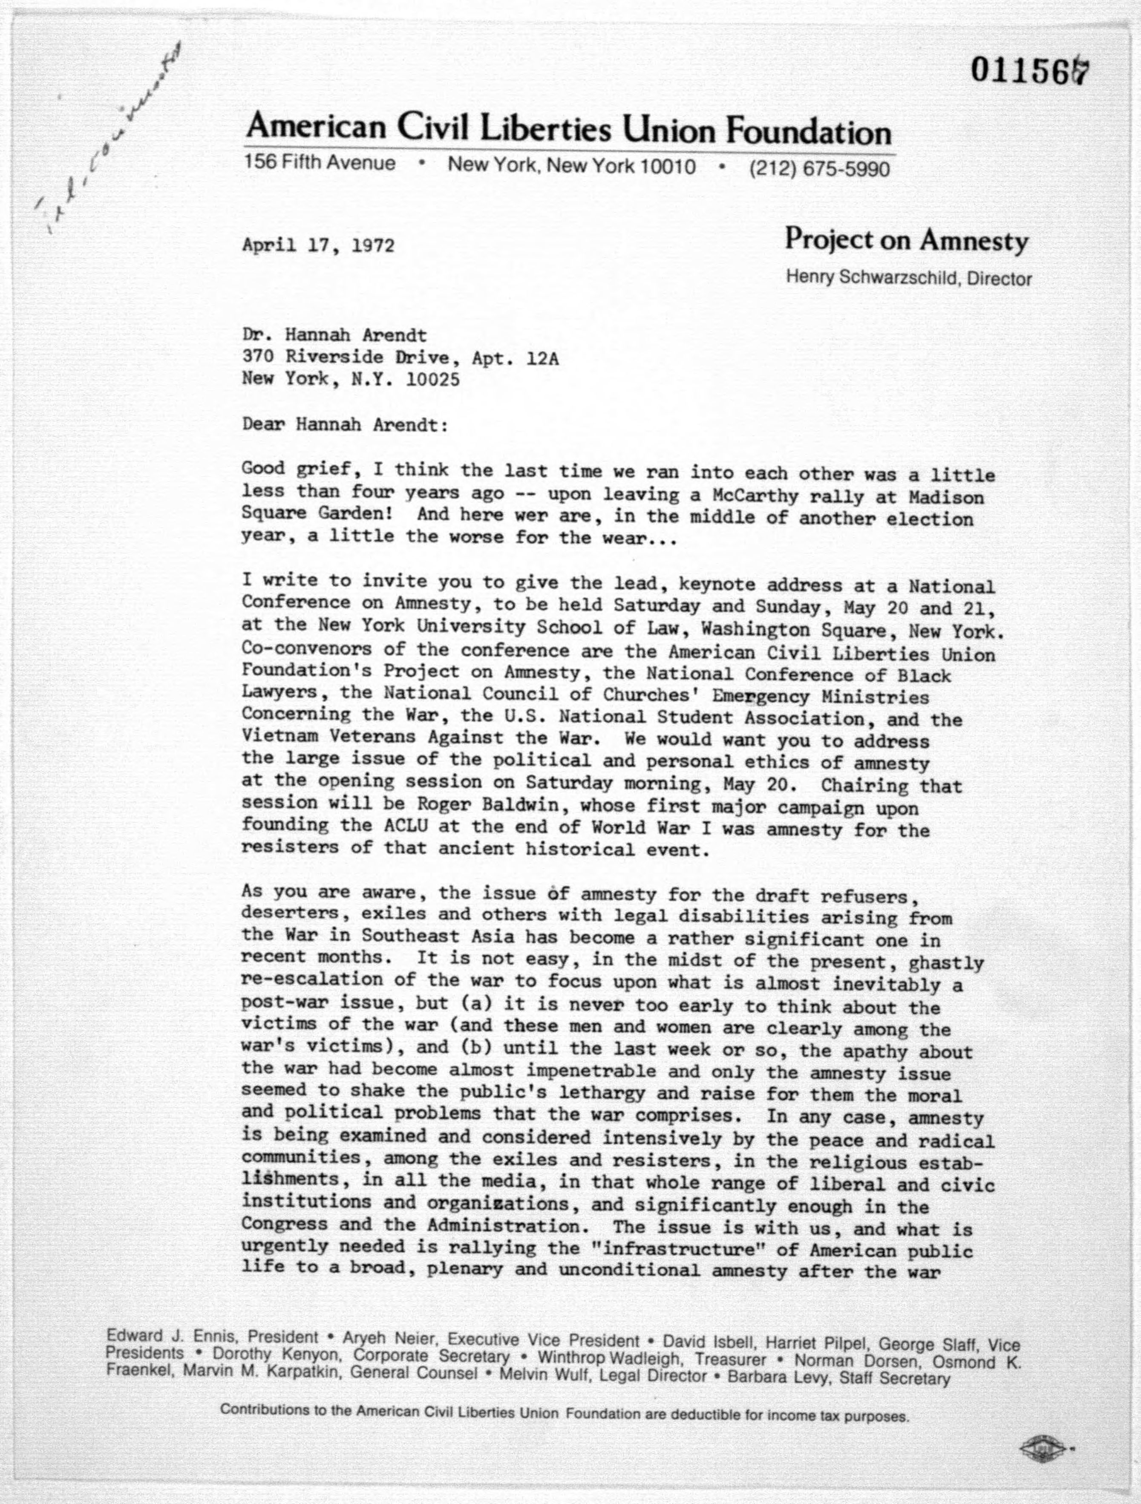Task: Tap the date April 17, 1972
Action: click(317, 245)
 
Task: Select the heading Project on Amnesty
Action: click(906, 240)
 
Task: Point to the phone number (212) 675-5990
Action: click(819, 168)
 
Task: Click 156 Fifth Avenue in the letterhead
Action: click(320, 163)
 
